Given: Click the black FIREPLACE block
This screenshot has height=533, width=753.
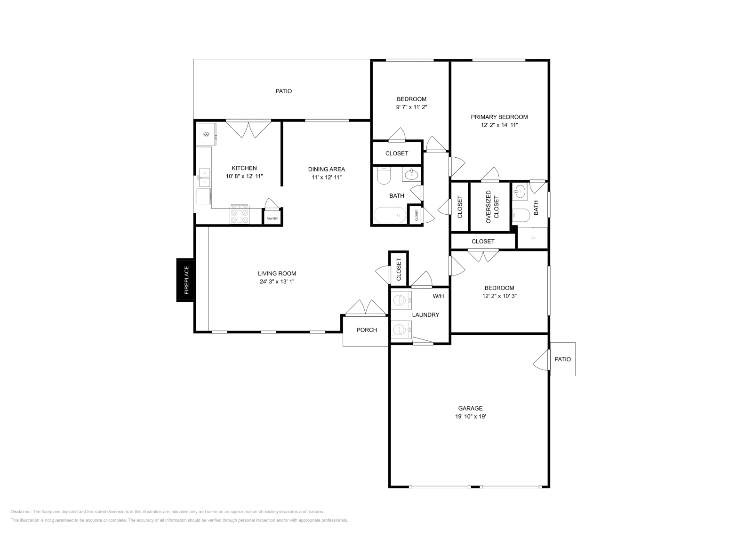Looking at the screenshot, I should pos(185,280).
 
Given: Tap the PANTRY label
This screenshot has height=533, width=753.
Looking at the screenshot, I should pos(272,218).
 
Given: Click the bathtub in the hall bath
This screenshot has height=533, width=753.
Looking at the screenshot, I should pos(389,216).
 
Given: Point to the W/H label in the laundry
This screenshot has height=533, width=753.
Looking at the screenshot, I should pos(438,296).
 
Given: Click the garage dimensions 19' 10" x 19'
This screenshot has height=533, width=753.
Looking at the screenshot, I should pos(471,416).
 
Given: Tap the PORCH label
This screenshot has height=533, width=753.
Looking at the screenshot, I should pos(367,330).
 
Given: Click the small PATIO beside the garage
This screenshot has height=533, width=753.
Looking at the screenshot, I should pos(562,359).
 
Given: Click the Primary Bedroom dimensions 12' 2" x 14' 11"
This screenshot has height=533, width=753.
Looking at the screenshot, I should pos(499,125).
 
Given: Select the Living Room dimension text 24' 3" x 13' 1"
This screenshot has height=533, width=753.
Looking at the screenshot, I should pos(277,282).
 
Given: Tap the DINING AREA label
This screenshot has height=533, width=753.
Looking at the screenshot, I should pos(326,169).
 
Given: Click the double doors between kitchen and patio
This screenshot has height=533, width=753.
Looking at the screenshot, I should pos(248,129).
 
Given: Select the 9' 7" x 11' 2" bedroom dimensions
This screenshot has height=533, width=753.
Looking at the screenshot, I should pos(411,107).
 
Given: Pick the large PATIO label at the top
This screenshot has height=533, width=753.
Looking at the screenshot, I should pos(283,91).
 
